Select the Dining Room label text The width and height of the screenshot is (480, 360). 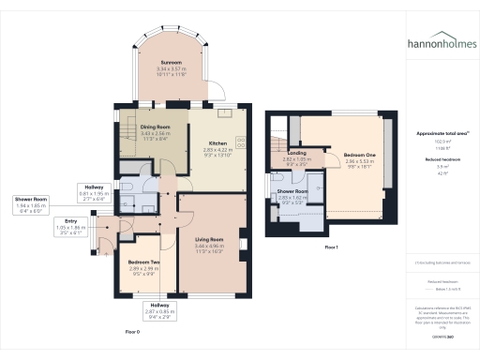tap(157, 130)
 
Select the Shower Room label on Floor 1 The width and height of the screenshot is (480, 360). tap(292, 194)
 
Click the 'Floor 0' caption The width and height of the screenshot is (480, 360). tap(131, 332)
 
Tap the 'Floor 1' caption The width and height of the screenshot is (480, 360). tap(331, 247)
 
